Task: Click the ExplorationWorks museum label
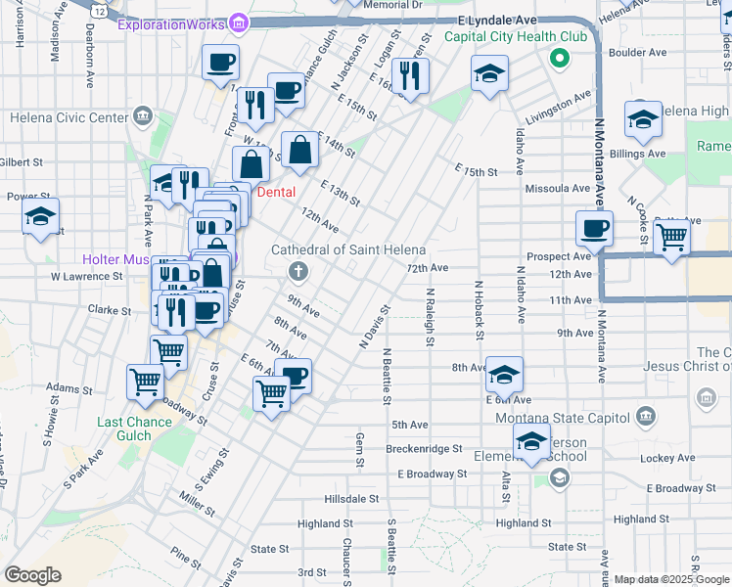[x=172, y=23]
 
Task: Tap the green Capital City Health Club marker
[x=559, y=59]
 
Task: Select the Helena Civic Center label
[x=69, y=117]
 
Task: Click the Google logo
[x=32, y=575]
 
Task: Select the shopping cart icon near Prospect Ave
[x=671, y=235]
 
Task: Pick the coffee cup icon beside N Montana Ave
[x=594, y=229]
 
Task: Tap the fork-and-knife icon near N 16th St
[x=410, y=74]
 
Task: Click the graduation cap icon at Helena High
[x=642, y=119]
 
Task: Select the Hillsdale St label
[x=338, y=498]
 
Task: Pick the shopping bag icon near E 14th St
[x=301, y=150]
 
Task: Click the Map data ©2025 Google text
[x=671, y=579]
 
